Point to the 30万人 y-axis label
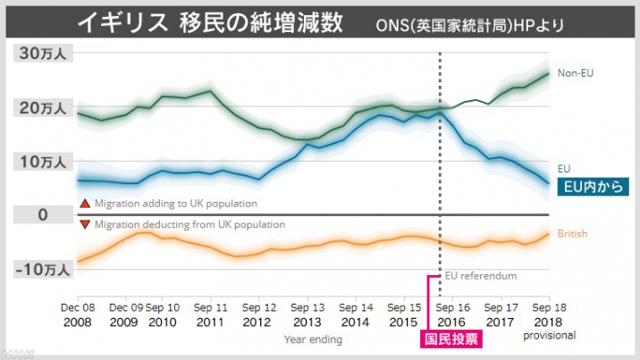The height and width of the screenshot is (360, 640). pyautogui.click(x=42, y=53)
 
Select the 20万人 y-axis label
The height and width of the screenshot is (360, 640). pyautogui.click(x=42, y=108)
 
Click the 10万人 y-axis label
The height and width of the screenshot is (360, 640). pyautogui.click(x=42, y=162)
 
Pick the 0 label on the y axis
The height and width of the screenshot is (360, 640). pyautogui.click(x=42, y=214)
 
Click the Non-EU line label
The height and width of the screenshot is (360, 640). pyautogui.click(x=577, y=72)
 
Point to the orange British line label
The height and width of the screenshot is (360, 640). pyautogui.click(x=572, y=234)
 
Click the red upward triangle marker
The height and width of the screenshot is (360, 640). pyautogui.click(x=85, y=204)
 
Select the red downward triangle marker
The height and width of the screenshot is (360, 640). pyautogui.click(x=85, y=224)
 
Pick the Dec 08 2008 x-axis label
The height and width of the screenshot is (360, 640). pyautogui.click(x=79, y=314)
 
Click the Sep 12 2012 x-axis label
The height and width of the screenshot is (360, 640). pyautogui.click(x=258, y=314)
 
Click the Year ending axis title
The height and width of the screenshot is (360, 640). pyautogui.click(x=312, y=339)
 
